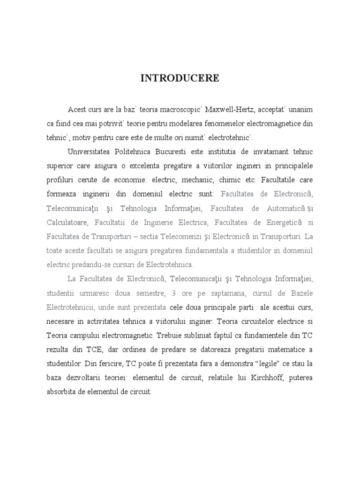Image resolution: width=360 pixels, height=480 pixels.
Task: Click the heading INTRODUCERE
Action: coord(180,78)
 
